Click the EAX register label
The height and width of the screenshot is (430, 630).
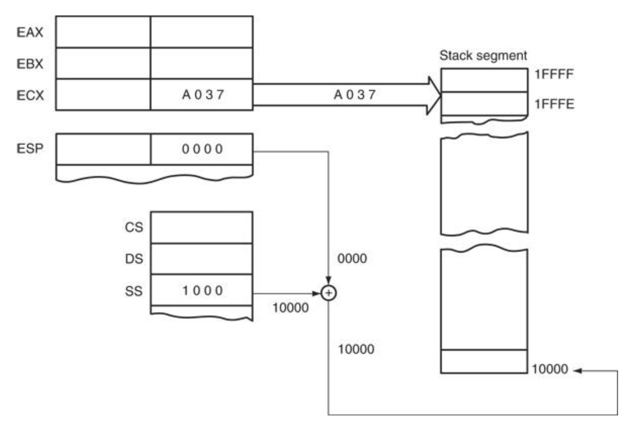coord(30,32)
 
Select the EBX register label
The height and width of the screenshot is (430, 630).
coord(30,64)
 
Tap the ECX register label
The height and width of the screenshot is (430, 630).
coord(30,95)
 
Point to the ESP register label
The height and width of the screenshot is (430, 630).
coord(30,148)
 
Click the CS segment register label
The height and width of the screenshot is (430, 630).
coord(134,227)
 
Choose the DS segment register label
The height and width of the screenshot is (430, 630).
coord(134,259)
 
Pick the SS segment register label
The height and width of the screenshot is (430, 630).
coord(134,291)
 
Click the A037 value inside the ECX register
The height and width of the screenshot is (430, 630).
coord(203,94)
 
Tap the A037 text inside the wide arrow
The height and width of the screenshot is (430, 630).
coord(355,94)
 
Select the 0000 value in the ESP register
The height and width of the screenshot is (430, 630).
coord(202,149)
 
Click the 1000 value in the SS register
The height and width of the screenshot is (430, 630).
coord(202,290)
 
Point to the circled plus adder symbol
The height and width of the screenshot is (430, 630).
coord(328,293)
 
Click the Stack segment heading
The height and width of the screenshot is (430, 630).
coord(483,56)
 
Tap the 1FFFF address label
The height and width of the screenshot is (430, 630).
coord(554,74)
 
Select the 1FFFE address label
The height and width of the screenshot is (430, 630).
coord(554,104)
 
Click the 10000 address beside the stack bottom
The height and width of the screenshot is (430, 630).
coord(550,369)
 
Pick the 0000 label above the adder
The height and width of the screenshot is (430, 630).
coord(352,259)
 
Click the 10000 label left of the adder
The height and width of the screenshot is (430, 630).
coord(290,308)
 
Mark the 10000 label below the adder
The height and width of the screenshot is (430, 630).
coord(356,349)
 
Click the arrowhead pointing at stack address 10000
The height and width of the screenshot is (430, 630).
coord(577,370)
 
